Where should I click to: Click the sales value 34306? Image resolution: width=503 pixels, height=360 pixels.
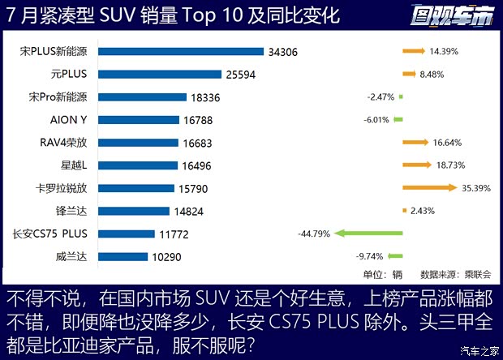[283, 51]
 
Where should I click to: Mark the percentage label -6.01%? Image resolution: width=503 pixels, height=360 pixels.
[380, 119]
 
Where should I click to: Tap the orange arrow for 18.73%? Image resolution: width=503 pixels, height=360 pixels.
[417, 165]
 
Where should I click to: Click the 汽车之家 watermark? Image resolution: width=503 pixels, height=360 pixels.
[477, 350]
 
